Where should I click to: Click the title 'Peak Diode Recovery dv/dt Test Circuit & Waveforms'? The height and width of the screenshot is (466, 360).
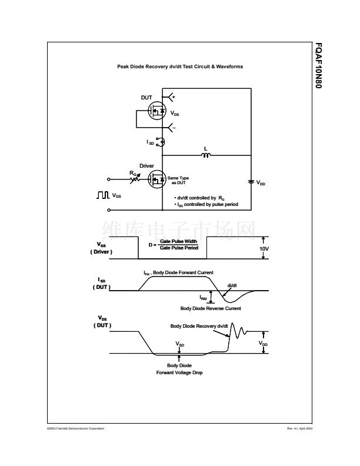[180, 66]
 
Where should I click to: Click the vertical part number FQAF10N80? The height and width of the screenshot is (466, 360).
[319, 65]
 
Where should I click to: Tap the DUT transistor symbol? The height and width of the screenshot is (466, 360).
[156, 111]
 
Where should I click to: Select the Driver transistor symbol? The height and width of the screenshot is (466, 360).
[156, 178]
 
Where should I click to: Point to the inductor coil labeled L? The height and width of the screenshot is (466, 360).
[206, 155]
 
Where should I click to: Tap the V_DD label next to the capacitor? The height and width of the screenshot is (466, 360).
[261, 183]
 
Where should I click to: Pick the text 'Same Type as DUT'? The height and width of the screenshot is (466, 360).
[178, 180]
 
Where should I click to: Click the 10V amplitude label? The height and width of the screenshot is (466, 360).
[264, 248]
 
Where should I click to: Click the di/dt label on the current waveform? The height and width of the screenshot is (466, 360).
[232, 285]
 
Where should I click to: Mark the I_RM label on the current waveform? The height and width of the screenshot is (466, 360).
[203, 298]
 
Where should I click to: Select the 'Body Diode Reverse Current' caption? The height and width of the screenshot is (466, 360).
[211, 308]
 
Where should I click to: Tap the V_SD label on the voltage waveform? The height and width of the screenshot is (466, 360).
[180, 344]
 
